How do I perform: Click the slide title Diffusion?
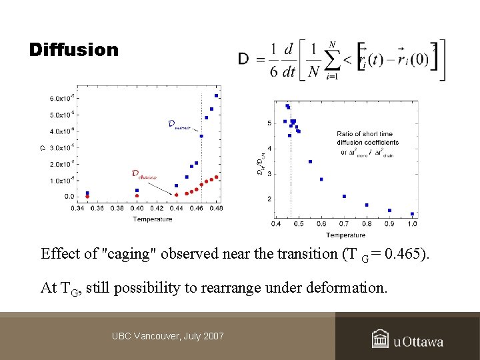click(x=74, y=50)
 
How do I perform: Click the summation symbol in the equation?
click(x=331, y=62)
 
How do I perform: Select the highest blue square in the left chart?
click(x=216, y=96)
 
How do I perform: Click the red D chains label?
click(x=143, y=175)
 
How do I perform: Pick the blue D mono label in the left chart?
click(x=180, y=124)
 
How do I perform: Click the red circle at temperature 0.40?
click(x=137, y=196)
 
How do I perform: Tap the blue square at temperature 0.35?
click(x=87, y=193)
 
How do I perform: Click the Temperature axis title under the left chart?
click(x=152, y=219)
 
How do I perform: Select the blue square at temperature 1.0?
click(x=413, y=214)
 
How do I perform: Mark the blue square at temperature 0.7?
click(x=344, y=196)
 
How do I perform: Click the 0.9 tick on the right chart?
click(x=389, y=224)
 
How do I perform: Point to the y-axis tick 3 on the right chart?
click(x=269, y=174)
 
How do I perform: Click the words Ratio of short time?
click(x=366, y=134)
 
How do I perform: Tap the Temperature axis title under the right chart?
click(x=346, y=235)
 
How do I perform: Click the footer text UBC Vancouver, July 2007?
click(x=168, y=335)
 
